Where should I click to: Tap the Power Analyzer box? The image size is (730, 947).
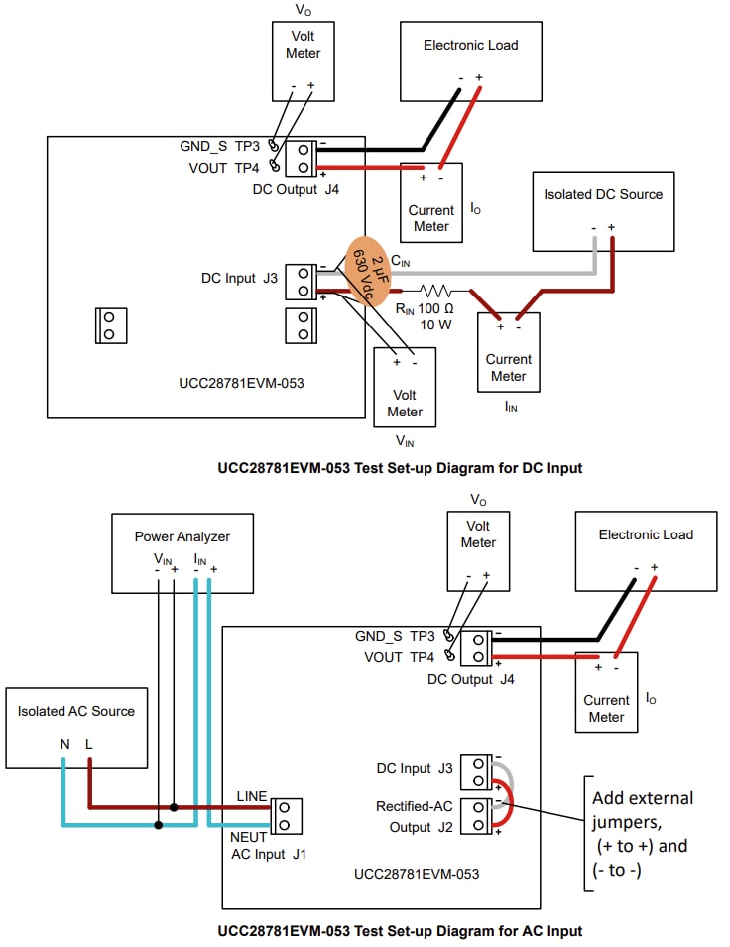point(182,553)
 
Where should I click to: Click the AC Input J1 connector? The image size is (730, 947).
point(285,815)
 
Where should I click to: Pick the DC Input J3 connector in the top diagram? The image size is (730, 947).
point(301,281)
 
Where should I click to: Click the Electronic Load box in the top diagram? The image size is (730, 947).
point(470,60)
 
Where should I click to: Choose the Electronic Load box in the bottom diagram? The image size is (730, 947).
point(646,550)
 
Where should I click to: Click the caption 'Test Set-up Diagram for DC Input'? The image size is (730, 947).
point(400,468)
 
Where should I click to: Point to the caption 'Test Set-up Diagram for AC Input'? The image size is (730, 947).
point(400,931)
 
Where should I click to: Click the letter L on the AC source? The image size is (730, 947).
point(90,743)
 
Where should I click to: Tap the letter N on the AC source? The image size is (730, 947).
point(64,743)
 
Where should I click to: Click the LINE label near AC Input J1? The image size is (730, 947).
point(253,796)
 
